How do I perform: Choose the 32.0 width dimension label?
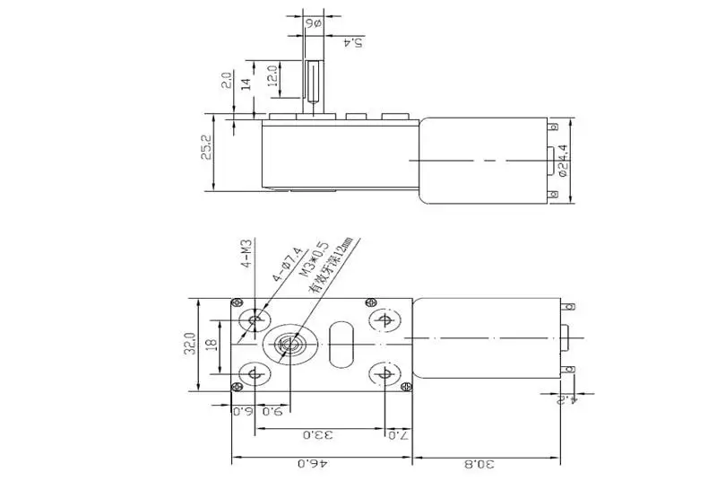(190, 345)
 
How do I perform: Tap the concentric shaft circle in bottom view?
(289, 344)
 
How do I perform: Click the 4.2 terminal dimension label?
(583, 394)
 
